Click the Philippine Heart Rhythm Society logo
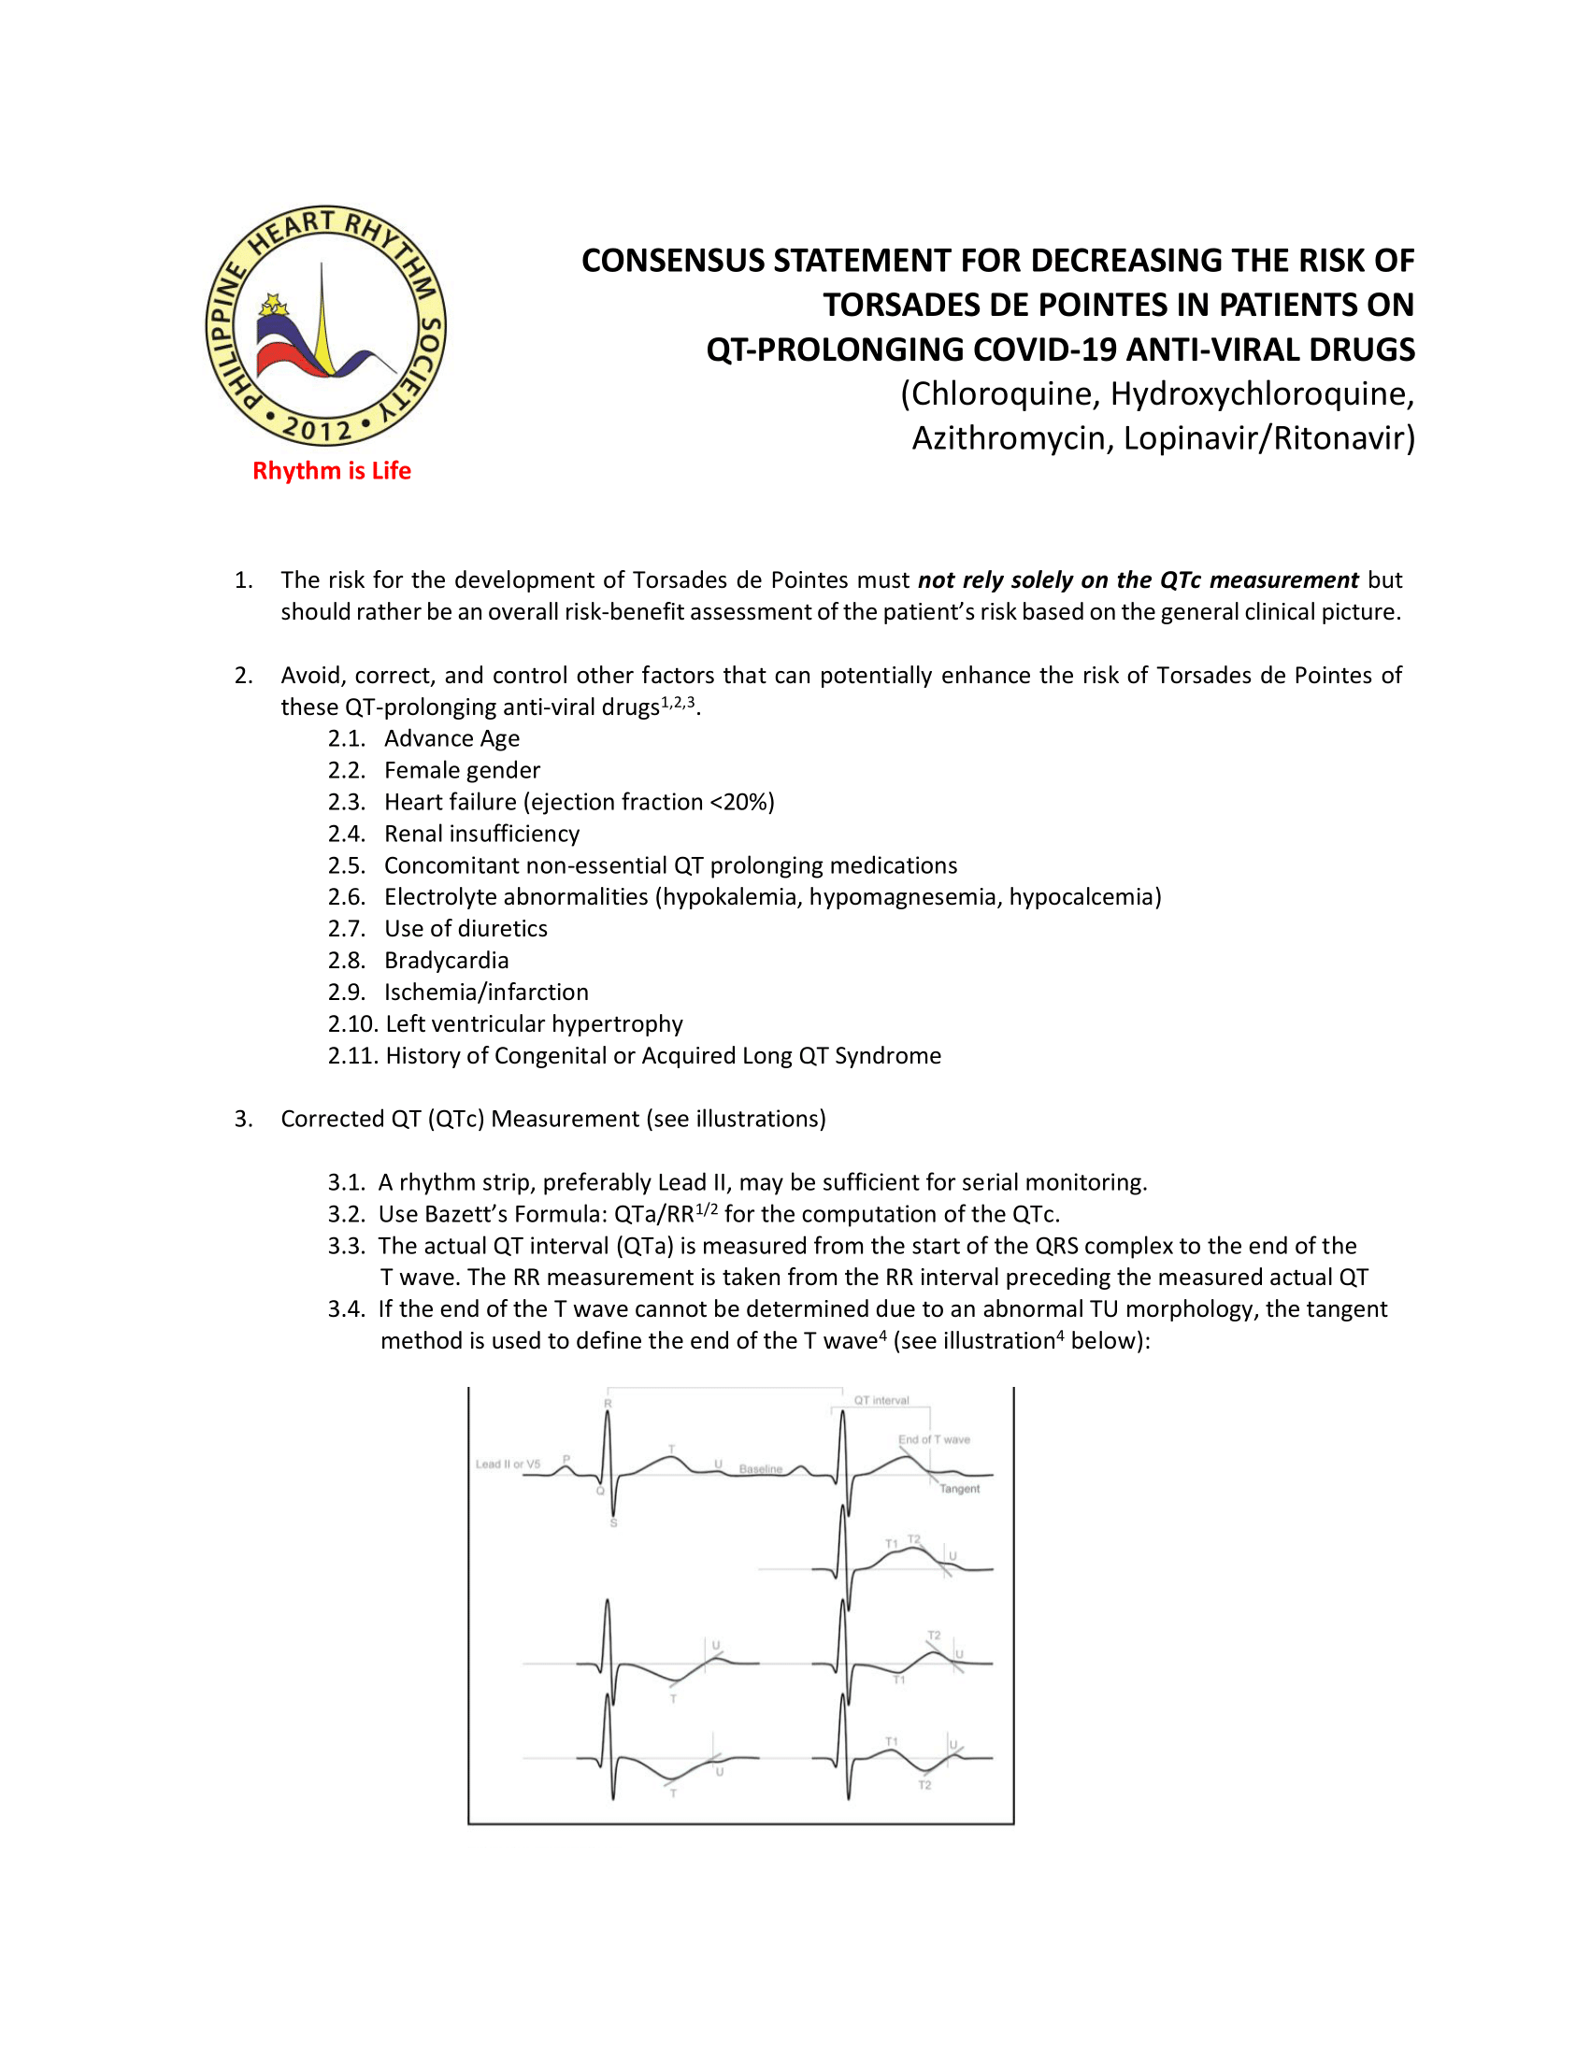coord(326,326)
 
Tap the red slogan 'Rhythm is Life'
coord(332,471)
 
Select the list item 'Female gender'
coord(462,770)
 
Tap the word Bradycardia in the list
coord(447,961)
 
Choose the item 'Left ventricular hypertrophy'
coord(534,1023)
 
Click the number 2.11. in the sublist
coord(352,1056)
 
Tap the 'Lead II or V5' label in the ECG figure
coord(508,1464)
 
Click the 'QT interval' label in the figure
coord(881,1401)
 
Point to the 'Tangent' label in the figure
coord(959,1489)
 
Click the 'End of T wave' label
coord(934,1439)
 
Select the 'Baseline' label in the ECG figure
coord(760,1468)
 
